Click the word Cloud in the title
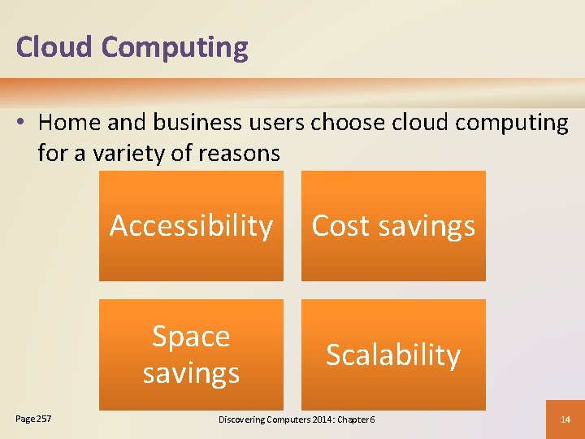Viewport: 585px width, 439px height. click(54, 47)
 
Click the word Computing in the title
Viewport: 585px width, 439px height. click(174, 47)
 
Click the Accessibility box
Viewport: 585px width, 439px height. click(191, 226)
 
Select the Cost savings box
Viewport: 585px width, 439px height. click(393, 226)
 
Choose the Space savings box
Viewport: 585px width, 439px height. click(191, 354)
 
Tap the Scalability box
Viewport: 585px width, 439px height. click(393, 354)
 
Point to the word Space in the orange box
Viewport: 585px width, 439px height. click(191, 337)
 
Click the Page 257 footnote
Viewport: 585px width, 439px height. click(32, 419)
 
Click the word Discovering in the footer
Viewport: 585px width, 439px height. click(246, 419)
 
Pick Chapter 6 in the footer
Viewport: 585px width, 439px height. click(362, 419)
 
